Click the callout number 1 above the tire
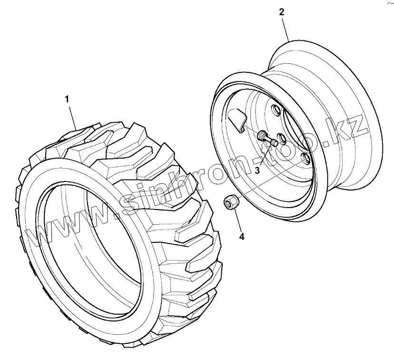point(67,99)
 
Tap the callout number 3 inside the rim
point(257,170)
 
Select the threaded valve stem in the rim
point(266,138)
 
